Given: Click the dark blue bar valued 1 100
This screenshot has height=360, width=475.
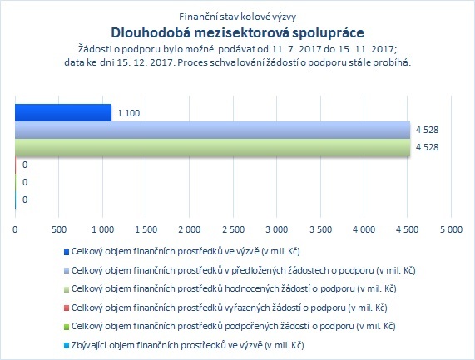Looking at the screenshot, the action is click(63, 112).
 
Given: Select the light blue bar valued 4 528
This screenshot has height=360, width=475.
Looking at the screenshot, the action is click(213, 131).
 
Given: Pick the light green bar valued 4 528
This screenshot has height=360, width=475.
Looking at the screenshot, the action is click(213, 148).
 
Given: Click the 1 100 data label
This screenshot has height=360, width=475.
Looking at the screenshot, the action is click(128, 113).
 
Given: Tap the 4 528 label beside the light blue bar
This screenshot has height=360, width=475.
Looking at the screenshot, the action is click(427, 130).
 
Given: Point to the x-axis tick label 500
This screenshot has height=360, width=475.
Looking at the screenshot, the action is click(59, 229).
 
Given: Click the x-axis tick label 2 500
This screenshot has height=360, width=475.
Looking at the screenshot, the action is click(233, 229).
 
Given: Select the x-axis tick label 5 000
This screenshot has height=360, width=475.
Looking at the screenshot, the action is click(451, 229).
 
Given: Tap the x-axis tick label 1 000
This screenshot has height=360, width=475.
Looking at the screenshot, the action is click(102, 229).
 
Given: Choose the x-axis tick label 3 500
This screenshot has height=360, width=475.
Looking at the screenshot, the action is click(320, 229).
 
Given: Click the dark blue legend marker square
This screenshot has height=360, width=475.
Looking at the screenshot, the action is click(67, 252).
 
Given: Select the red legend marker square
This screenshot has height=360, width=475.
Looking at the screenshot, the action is click(67, 308).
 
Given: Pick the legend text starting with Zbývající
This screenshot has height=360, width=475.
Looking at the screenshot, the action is click(188, 345).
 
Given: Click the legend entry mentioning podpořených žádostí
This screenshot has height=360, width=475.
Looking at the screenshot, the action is click(234, 327).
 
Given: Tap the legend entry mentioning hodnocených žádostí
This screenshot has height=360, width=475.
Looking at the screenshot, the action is click(234, 288).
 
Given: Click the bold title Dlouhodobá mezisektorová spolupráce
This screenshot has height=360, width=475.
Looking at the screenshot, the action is click(238, 32).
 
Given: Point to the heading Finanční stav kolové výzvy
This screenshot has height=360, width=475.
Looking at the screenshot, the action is click(238, 17).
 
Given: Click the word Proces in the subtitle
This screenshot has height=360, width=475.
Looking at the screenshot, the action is click(191, 62).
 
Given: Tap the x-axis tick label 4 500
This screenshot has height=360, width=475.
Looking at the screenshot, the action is click(408, 229).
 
